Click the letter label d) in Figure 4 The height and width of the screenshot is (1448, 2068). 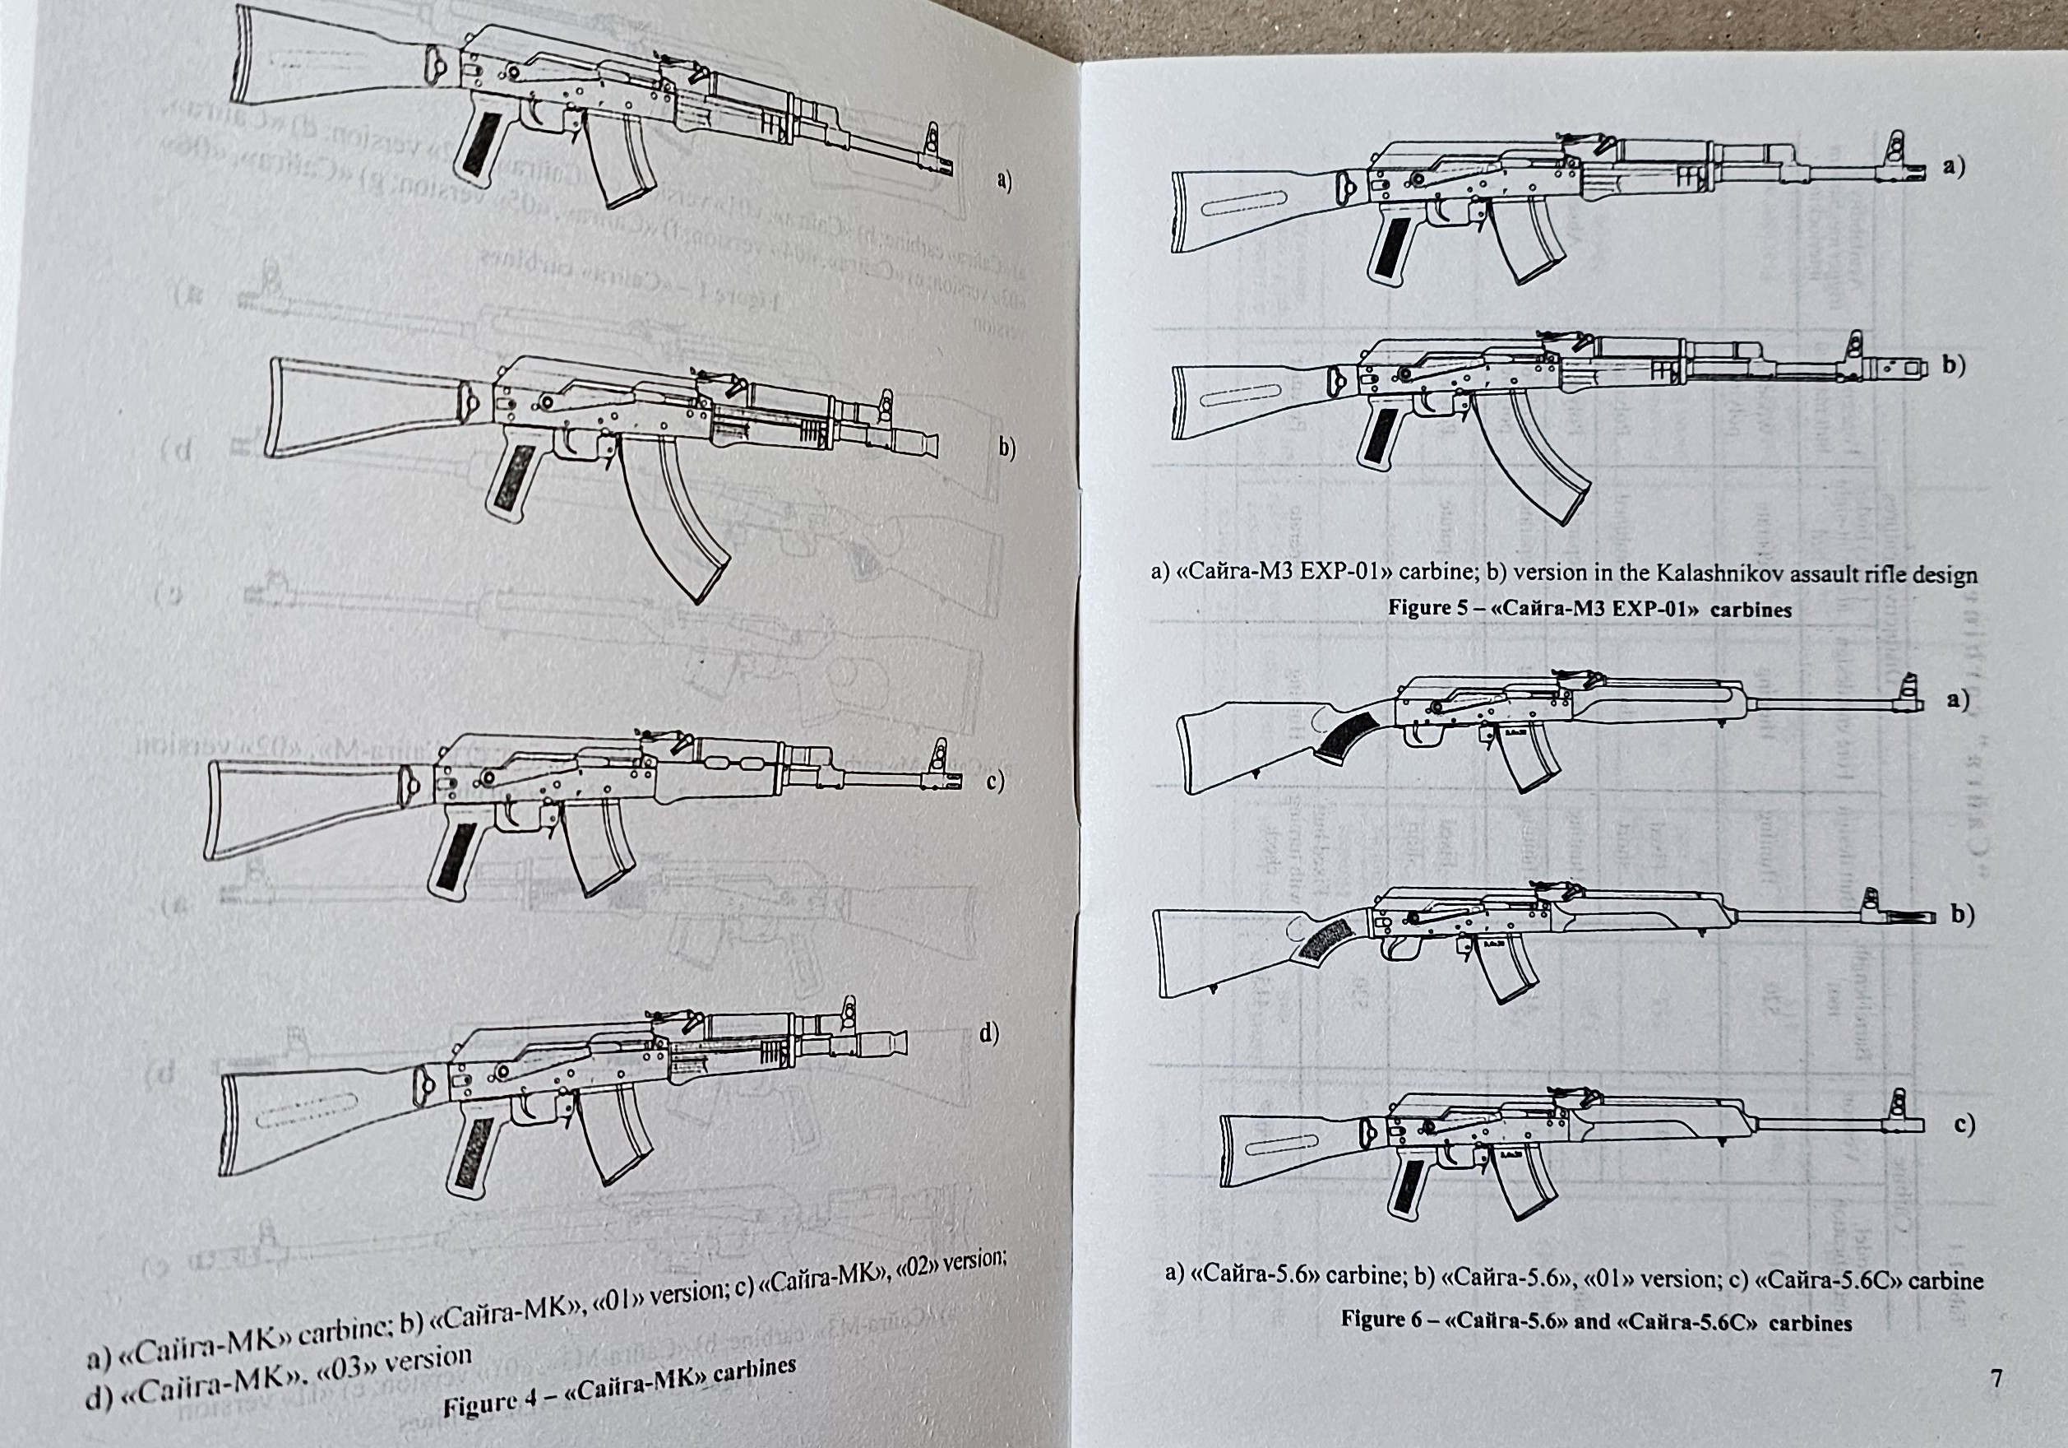click(988, 1034)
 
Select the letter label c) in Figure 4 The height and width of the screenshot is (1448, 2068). click(994, 782)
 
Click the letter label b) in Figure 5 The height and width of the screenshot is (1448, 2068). click(1952, 366)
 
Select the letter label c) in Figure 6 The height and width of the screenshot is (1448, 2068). click(1964, 1124)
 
